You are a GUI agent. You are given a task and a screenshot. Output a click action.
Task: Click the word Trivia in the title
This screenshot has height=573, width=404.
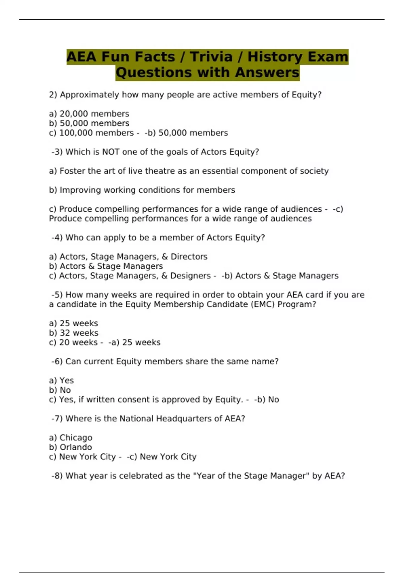pos(211,57)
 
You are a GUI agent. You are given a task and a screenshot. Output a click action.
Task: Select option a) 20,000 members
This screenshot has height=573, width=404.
pos(89,114)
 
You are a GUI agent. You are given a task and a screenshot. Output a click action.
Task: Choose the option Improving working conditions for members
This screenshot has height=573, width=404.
pos(142,190)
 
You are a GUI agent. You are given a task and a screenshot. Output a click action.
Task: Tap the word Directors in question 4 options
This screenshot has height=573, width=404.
pos(189,257)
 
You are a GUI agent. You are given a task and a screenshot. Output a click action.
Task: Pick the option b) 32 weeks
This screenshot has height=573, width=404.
pos(73,333)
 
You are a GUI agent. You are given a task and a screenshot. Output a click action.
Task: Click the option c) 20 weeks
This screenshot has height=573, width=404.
pos(73,342)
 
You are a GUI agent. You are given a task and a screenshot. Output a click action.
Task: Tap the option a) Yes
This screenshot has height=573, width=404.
pos(61,380)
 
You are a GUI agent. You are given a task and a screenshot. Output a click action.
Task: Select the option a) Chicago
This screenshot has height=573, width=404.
pos(70,438)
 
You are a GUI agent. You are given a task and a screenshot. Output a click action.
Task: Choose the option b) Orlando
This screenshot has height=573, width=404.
pos(70,447)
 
